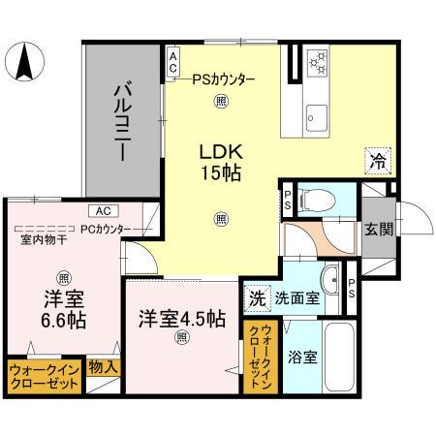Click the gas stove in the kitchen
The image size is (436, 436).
(x=317, y=65)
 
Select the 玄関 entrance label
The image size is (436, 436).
(x=379, y=229)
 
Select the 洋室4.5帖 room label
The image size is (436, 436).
(x=180, y=318)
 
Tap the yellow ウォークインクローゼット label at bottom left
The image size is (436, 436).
(x=44, y=377)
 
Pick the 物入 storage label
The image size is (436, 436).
(x=103, y=367)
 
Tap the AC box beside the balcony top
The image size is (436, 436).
(x=172, y=63)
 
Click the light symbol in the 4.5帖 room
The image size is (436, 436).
(x=180, y=338)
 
